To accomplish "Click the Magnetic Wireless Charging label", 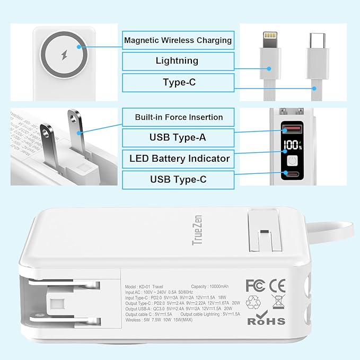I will click(x=178, y=40).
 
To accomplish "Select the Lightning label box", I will click(x=178, y=61).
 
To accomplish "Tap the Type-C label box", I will click(x=178, y=82).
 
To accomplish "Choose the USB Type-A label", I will click(x=178, y=138).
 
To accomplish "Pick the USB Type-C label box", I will click(x=178, y=179).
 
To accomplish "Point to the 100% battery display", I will click(x=292, y=145).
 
